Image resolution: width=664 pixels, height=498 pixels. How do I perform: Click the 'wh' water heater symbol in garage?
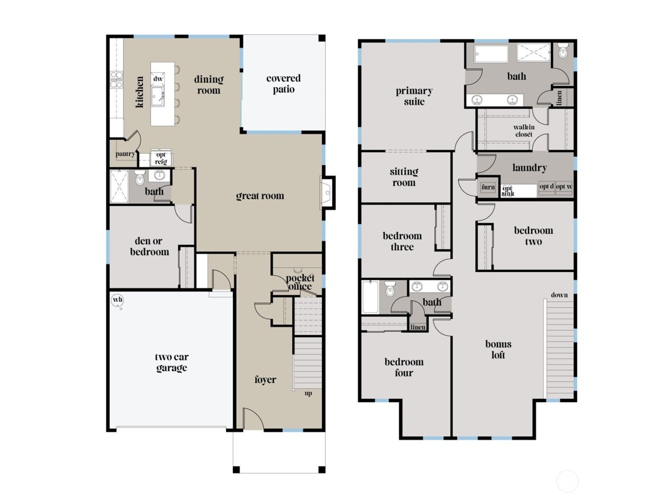[117, 300]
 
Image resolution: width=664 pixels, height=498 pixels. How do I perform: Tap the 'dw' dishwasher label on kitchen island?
[158, 79]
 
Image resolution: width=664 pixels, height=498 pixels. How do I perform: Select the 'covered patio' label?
[283, 84]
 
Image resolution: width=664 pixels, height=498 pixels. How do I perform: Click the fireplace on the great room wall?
[327, 192]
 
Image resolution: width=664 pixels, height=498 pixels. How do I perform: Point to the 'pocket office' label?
[300, 282]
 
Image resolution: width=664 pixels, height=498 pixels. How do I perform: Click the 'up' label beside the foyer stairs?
[308, 393]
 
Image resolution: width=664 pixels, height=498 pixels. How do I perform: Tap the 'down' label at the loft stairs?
[559, 295]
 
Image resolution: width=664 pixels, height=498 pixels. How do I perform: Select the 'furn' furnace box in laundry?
[488, 187]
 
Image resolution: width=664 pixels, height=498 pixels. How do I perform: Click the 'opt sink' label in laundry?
[508, 191]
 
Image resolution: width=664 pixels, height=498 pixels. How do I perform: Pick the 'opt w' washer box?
[564, 187]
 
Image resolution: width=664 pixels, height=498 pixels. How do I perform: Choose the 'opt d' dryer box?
[546, 187]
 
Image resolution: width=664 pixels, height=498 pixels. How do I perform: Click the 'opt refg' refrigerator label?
[161, 158]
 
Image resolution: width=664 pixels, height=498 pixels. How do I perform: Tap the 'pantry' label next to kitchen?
[125, 154]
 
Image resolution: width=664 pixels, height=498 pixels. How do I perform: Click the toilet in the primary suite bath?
[563, 51]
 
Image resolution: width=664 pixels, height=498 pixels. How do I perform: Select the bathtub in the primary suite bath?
[491, 53]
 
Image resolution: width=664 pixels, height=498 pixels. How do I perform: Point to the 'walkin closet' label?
[524, 130]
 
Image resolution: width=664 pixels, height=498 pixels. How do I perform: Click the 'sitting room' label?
[404, 177]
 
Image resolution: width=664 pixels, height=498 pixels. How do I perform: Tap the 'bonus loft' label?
[498, 350]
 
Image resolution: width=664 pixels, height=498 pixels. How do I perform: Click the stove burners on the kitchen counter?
[116, 80]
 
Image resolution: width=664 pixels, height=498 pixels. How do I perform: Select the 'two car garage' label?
[172, 362]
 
